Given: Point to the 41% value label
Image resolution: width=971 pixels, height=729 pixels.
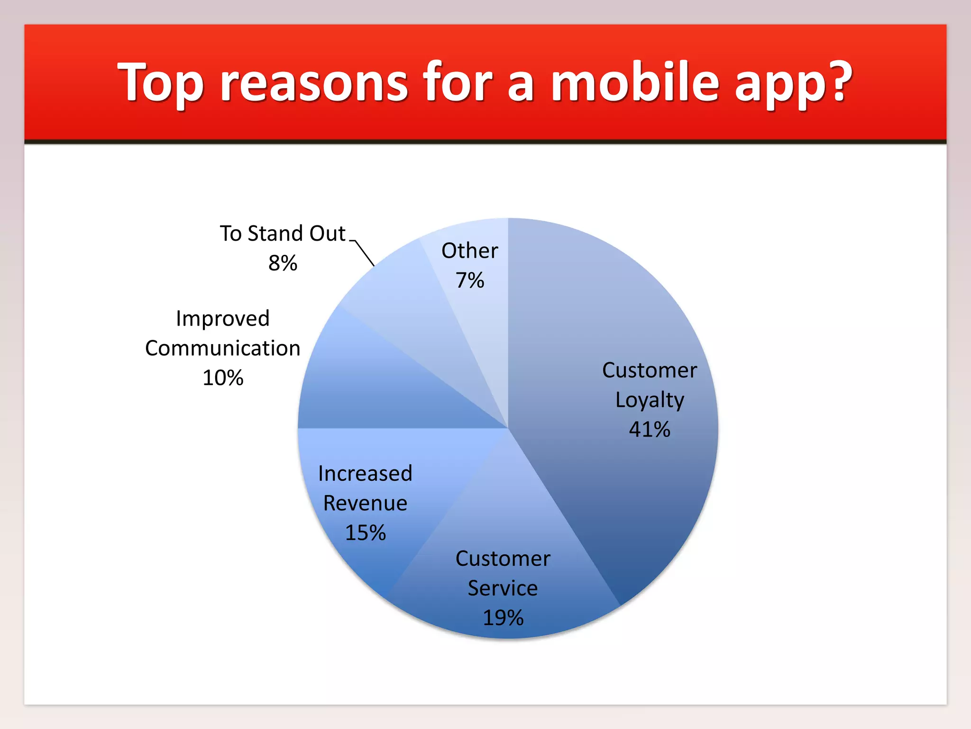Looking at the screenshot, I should [x=649, y=430].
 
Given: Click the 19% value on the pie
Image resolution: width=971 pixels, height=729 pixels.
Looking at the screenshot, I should [x=503, y=618].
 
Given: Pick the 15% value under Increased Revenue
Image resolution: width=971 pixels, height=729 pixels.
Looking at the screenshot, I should [x=365, y=533].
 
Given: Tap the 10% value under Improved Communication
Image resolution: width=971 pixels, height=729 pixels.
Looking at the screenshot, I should [x=222, y=378].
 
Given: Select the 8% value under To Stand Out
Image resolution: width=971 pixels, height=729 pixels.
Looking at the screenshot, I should [x=283, y=263].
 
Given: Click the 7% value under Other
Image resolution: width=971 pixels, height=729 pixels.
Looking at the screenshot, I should [x=469, y=280].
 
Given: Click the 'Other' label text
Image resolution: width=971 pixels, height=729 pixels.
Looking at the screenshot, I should [x=469, y=251].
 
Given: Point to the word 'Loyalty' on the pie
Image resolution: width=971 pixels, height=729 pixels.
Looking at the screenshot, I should [x=649, y=400].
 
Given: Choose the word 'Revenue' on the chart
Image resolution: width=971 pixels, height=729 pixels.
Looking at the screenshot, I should [x=365, y=503].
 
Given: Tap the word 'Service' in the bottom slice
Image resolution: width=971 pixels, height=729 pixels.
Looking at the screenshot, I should [x=503, y=589].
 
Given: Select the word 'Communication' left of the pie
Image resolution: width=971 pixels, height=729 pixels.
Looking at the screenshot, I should [x=222, y=348].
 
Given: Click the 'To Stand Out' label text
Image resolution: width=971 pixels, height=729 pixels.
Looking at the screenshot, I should [x=283, y=234].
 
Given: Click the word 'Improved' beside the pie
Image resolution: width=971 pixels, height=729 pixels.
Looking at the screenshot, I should [x=222, y=318].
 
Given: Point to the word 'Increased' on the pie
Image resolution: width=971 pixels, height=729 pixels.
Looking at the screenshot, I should [x=365, y=474].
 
